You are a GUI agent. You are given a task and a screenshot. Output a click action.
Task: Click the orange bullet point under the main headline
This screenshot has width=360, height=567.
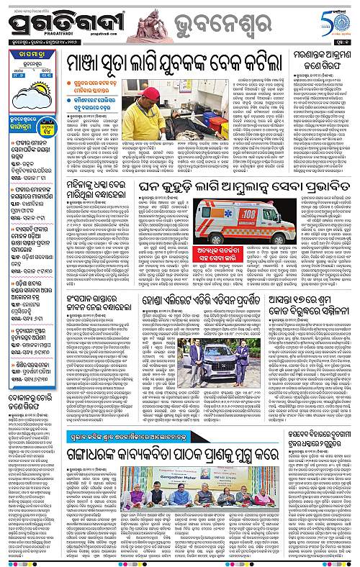73,73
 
